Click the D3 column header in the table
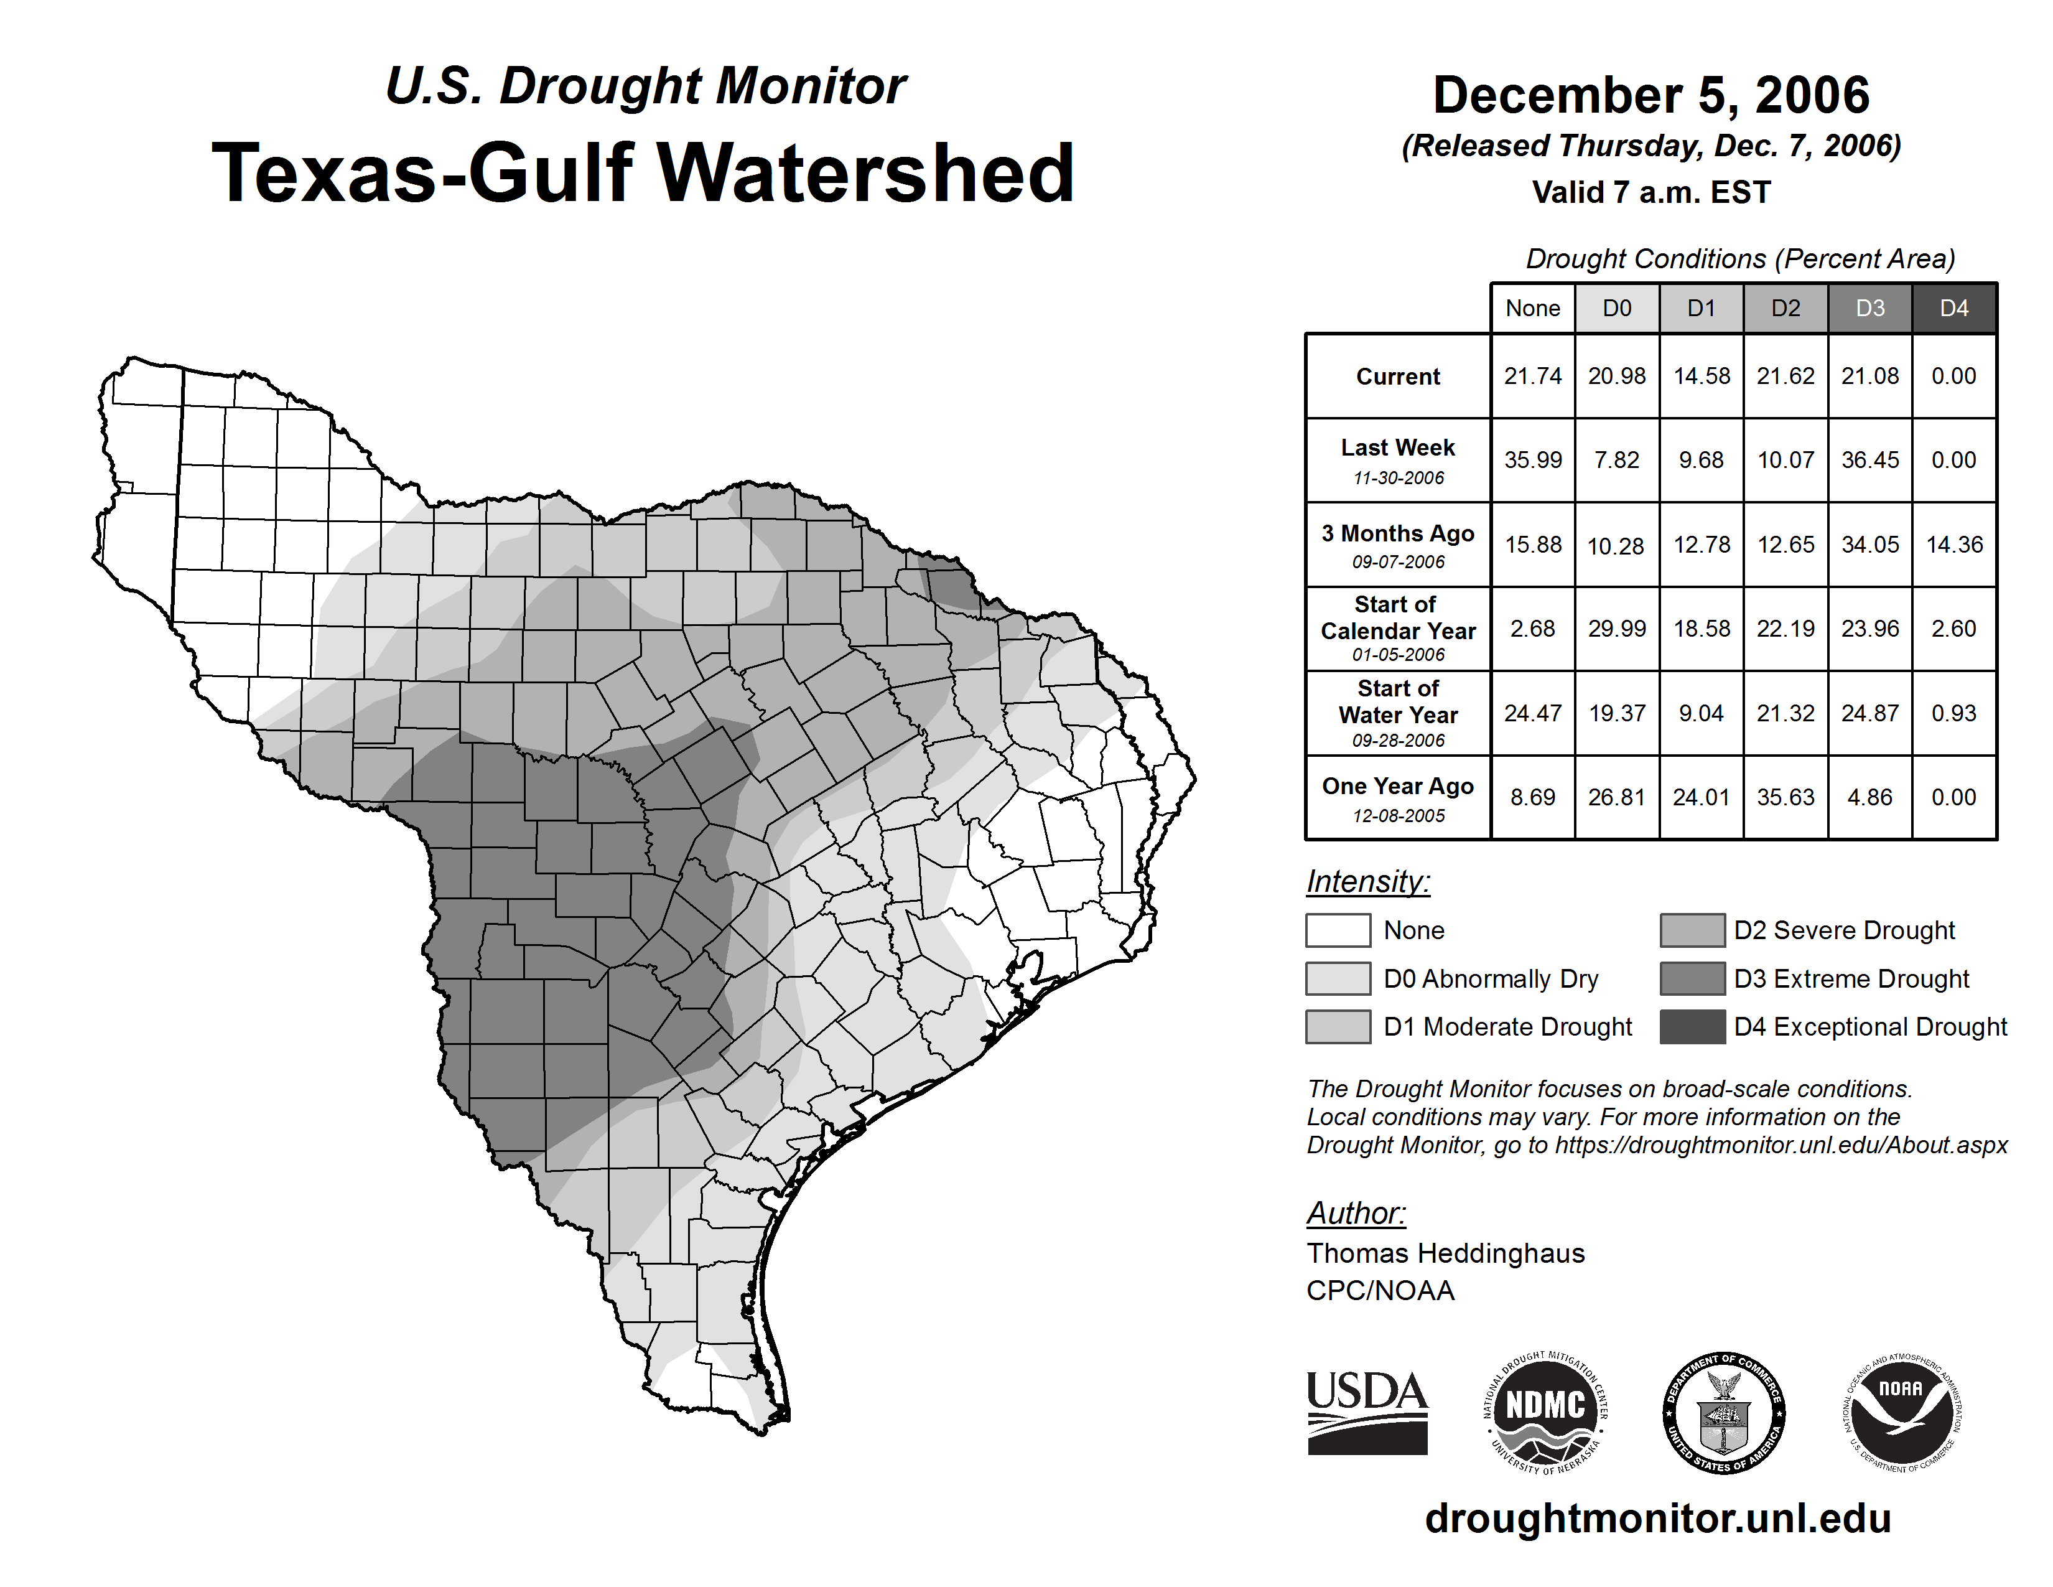coord(1869,308)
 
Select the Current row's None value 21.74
coord(1532,376)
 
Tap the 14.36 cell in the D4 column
coord(1954,545)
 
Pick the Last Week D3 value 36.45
coord(1869,460)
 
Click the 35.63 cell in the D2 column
coord(1785,797)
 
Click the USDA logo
coord(1367,1412)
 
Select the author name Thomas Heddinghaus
coord(1445,1253)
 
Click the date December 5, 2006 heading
coord(1650,95)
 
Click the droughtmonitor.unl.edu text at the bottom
coord(1658,1519)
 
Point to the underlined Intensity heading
coord(1367,882)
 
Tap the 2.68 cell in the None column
coord(1532,628)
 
